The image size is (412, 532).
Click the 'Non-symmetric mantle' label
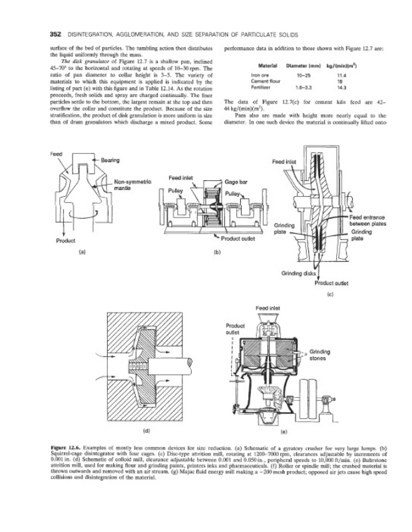coord(134,185)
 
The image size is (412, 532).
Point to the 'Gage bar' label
coord(236,182)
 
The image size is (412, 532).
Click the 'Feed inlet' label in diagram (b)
coord(181,178)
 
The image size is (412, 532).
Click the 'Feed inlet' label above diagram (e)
coord(269,309)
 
